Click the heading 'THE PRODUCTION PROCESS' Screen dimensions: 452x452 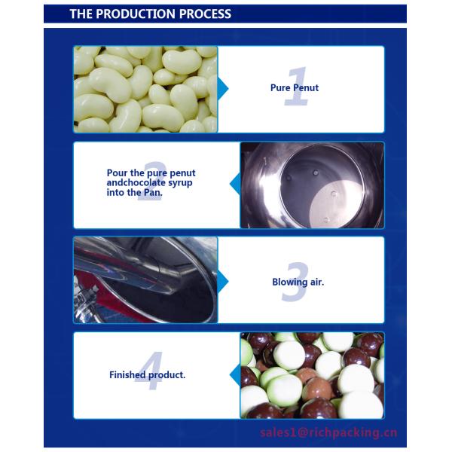[x=151, y=14]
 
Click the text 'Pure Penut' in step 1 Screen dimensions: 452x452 [x=295, y=88]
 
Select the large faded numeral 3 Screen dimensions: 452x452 [x=296, y=282]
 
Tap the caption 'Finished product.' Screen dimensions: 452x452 [x=147, y=375]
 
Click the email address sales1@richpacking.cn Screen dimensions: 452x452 [x=328, y=432]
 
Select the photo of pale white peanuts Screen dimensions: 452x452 [x=145, y=89]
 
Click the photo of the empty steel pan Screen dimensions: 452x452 [x=312, y=185]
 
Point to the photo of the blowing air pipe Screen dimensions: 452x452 [x=145, y=280]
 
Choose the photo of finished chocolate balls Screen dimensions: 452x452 [x=312, y=375]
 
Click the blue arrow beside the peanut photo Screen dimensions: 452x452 [x=223, y=89]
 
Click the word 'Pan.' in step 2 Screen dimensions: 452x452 [x=151, y=193]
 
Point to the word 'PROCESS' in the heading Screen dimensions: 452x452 [x=206, y=14]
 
